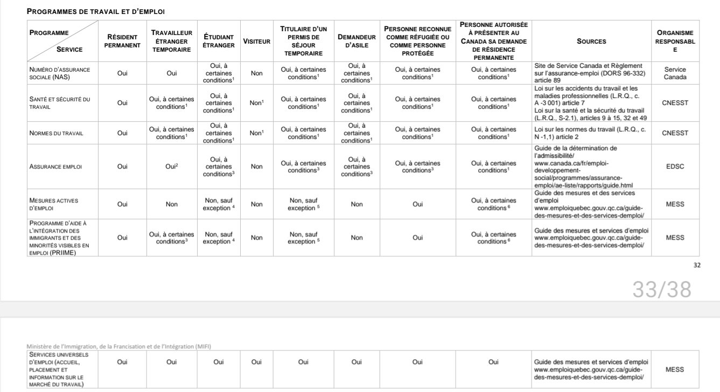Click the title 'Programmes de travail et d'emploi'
tap(96, 11)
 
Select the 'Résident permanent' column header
tap(122, 41)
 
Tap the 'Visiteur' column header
tap(256, 41)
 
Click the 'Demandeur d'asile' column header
tap(356, 41)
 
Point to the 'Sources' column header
tap(591, 41)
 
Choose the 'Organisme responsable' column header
tap(675, 41)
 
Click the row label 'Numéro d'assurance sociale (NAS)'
tap(60, 73)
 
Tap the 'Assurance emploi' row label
tap(55, 167)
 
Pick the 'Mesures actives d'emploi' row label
tap(54, 204)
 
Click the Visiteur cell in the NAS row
tap(256, 73)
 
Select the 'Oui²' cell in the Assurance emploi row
tap(171, 167)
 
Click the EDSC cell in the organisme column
tap(675, 167)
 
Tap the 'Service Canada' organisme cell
tap(675, 73)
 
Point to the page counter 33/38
tap(661, 290)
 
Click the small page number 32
tap(697, 264)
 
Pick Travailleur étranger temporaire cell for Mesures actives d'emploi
tap(171, 204)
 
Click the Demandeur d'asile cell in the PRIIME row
tap(356, 237)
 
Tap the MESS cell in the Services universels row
tap(675, 369)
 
